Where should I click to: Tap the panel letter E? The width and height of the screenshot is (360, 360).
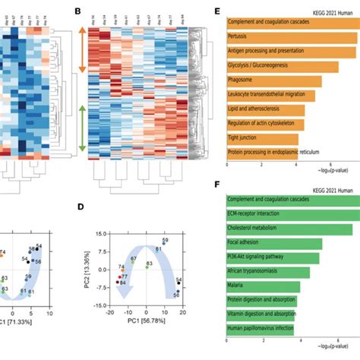click(x=218, y=11)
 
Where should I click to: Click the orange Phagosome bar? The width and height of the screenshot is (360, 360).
click(x=273, y=81)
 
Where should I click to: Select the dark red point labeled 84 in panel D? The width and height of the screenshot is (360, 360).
click(x=117, y=282)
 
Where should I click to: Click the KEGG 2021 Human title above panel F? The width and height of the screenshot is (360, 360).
click(x=327, y=186)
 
